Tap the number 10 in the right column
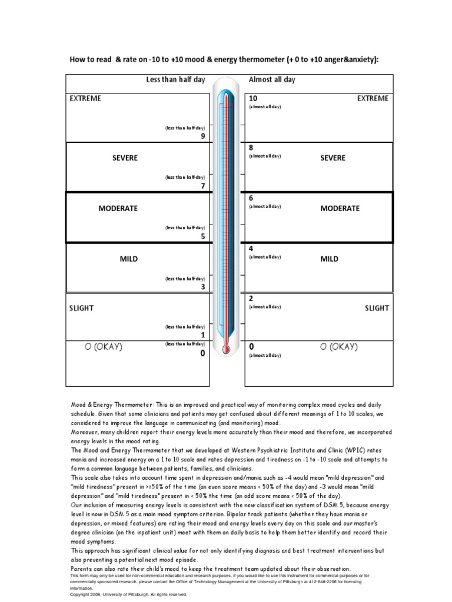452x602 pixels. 254,98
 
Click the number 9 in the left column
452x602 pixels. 203,136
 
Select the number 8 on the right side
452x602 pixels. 251,148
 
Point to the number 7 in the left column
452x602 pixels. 203,186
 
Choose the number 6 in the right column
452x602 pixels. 251,199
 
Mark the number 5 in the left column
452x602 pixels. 203,236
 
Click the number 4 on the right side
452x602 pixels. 251,249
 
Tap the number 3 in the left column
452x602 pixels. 203,287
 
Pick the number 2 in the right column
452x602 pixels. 251,299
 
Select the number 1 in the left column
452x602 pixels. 203,335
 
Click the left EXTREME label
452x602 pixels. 85,98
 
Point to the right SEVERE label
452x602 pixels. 333,158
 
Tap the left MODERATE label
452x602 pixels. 118,208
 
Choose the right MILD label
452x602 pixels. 330,259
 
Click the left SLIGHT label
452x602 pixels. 82,308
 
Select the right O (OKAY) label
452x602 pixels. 338,347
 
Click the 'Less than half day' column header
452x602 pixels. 175,80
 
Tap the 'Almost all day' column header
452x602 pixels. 272,80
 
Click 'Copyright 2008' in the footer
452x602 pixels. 87,594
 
